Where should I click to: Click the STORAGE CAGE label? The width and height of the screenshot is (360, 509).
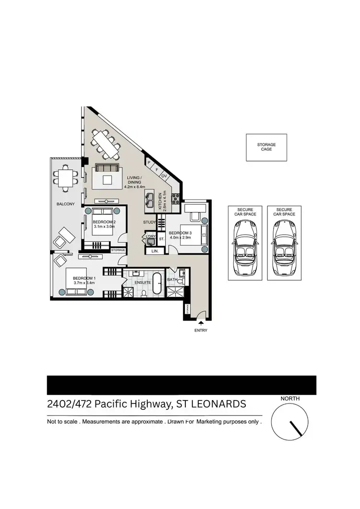(266, 147)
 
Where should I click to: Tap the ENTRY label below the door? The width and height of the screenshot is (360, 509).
(201, 331)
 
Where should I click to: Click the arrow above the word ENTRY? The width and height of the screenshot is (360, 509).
(201, 324)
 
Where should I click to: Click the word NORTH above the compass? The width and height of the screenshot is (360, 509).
(290, 399)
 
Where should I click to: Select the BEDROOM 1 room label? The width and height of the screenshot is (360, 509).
(84, 278)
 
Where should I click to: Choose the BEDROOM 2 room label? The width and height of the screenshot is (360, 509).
(104, 222)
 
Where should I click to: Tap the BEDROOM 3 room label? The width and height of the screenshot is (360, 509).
(180, 233)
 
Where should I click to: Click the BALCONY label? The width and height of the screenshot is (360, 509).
(65, 204)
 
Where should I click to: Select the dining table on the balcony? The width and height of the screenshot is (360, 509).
(64, 178)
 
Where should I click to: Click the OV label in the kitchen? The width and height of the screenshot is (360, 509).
(164, 176)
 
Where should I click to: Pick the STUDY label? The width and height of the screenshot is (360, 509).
(149, 222)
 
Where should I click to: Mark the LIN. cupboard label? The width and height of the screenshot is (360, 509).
(155, 250)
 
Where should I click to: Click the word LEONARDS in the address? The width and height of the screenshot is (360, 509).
(219, 404)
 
